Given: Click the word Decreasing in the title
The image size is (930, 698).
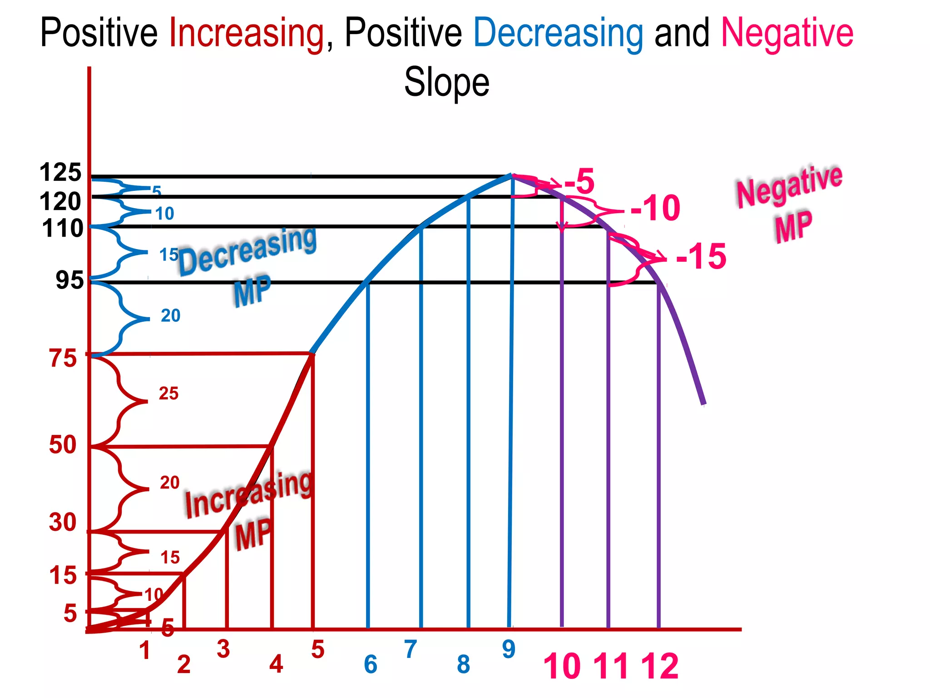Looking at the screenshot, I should click(558, 34).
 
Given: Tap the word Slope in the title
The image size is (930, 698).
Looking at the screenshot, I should click(447, 82).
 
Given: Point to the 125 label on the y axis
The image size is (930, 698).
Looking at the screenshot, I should click(60, 173).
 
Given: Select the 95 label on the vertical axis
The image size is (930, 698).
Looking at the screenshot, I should click(69, 280).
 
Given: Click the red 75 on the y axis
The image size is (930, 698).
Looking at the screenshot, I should click(63, 359).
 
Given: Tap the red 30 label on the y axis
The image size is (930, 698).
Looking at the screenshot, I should click(63, 522).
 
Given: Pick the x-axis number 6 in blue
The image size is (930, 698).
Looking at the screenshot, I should click(371, 664).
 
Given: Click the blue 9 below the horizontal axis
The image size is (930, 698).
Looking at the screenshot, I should click(509, 649).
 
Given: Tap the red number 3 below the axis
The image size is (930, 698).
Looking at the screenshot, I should click(223, 649).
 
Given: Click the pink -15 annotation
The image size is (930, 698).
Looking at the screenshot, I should click(701, 257).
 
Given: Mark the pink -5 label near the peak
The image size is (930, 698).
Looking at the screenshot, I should click(579, 181).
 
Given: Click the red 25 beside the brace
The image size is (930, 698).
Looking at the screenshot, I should click(168, 394).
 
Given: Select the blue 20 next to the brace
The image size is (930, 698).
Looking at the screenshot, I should click(170, 315).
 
